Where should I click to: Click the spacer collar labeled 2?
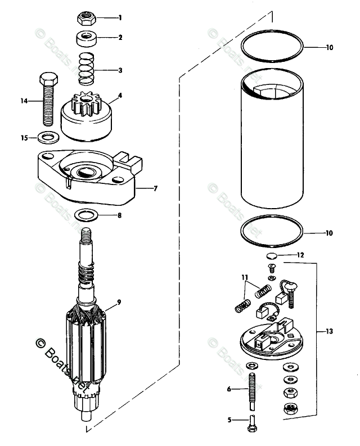[86, 40]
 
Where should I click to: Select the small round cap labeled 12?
[272, 256]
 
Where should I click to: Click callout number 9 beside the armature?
[119, 303]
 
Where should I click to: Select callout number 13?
[329, 332]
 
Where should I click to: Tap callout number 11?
[245, 277]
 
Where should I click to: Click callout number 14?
[24, 101]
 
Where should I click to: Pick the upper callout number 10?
[329, 48]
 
